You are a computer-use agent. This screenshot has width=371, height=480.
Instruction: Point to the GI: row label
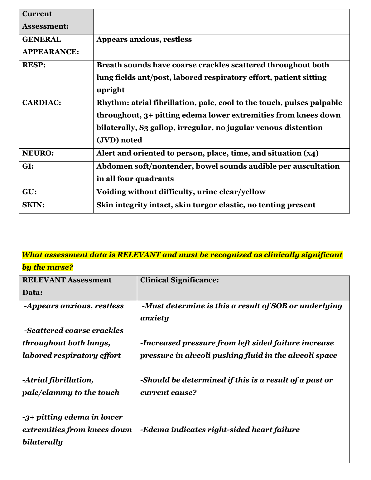pyautogui.click(x=28, y=166)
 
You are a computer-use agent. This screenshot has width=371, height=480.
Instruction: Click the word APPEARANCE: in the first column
pyautogui.click(x=51, y=52)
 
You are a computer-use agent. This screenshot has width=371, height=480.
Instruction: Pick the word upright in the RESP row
pyautogui.click(x=110, y=90)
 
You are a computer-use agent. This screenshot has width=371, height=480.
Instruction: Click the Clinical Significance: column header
pyautogui.click(x=179, y=280)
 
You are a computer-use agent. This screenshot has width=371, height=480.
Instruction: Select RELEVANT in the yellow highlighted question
pyautogui.click(x=139, y=255)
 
